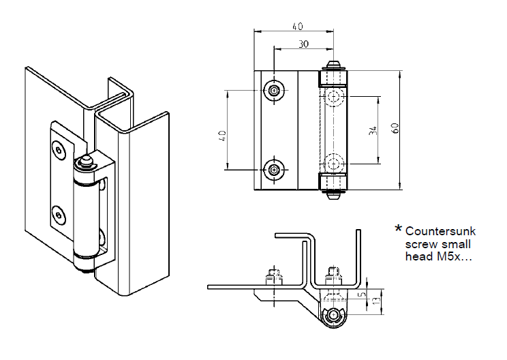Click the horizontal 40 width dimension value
point(297,26)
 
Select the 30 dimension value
point(304,44)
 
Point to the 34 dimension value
point(372,130)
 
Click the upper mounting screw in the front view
point(274,91)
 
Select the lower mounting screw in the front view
point(274,169)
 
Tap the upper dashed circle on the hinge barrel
point(334,97)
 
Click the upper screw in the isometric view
point(60,149)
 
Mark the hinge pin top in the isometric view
point(85,161)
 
